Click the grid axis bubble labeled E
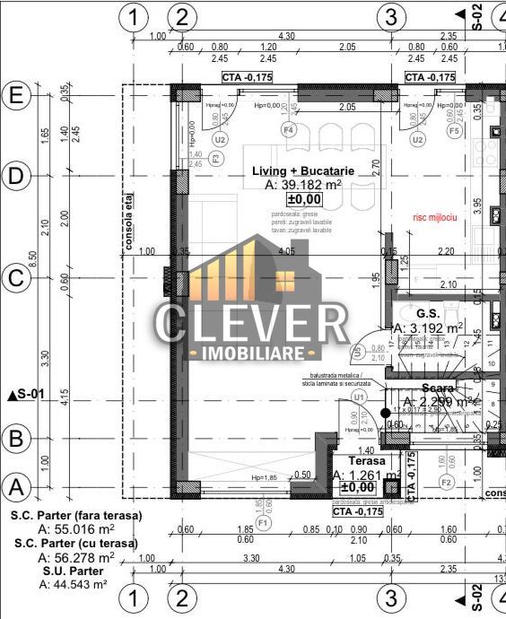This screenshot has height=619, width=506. [x=15, y=95]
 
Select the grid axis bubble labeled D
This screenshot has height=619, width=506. [x=15, y=177]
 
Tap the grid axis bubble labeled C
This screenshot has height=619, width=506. [x=15, y=278]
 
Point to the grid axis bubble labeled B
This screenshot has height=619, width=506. [x=15, y=439]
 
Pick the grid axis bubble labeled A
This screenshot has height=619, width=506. [x=15, y=487]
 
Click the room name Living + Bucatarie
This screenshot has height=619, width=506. [x=302, y=170]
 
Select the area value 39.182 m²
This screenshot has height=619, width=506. [x=304, y=184]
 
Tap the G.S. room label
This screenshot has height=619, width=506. [x=427, y=313]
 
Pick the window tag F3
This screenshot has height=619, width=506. [x=215, y=158]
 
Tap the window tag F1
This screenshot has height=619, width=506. [x=263, y=521]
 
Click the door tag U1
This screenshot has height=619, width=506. [x=360, y=396]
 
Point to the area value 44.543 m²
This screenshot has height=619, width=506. [x=74, y=584]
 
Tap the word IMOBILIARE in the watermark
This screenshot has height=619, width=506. [x=253, y=353]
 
